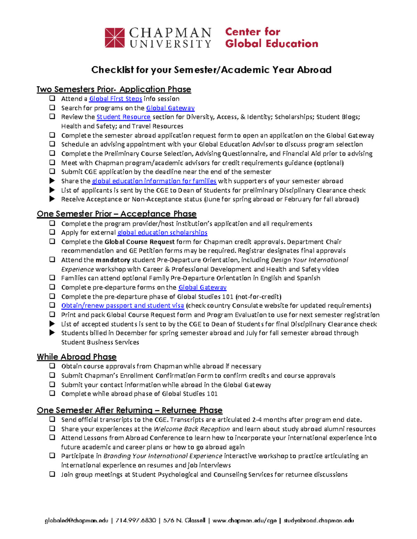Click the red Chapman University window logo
click(x=115, y=37)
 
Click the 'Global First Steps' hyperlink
click(x=115, y=99)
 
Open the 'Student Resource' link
click(x=123, y=117)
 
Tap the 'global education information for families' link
click(x=154, y=181)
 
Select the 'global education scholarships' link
click(x=162, y=233)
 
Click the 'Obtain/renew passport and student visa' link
click(x=122, y=306)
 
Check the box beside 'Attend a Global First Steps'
click(x=52, y=99)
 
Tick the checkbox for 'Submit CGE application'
click(x=52, y=171)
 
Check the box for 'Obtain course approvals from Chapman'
click(x=52, y=366)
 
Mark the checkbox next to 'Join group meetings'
click(x=52, y=474)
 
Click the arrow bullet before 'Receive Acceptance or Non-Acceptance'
click(x=52, y=199)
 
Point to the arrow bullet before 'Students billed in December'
click(x=52, y=333)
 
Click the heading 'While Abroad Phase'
click(x=76, y=357)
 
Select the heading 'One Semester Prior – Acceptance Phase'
click(x=116, y=214)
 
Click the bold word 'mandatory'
click(x=113, y=260)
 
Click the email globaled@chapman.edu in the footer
click(x=76, y=521)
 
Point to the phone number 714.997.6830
click(x=136, y=521)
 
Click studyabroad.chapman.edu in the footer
click(x=319, y=521)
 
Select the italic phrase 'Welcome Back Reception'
click(x=192, y=429)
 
